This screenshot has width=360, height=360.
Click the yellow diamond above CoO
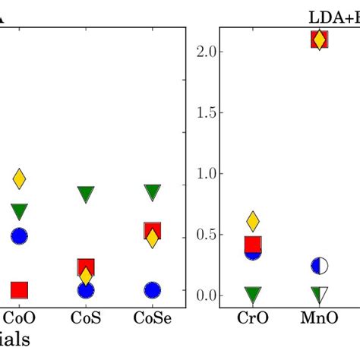(x=20, y=179)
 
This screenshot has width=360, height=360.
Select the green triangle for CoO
(x=20, y=212)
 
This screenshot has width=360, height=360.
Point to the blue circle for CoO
(x=20, y=236)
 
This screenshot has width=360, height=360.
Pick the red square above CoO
(x=20, y=289)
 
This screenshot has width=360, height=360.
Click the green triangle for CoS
(x=86, y=194)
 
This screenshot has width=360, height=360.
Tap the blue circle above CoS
(x=86, y=290)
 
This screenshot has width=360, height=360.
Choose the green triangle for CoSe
(x=152, y=192)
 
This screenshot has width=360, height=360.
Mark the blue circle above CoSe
(x=152, y=290)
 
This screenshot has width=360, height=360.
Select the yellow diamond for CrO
(x=253, y=221)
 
